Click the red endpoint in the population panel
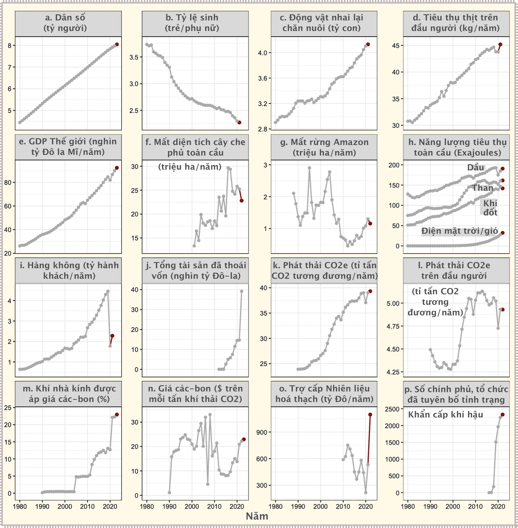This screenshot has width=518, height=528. point(117,44)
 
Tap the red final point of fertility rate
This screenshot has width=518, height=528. point(240,122)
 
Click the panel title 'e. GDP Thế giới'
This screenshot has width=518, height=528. point(68,146)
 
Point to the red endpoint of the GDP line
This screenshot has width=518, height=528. point(117,168)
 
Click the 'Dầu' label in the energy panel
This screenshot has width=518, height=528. point(476,168)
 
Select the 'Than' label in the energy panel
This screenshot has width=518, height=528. point(483,188)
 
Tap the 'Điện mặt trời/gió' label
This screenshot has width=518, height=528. point(460,231)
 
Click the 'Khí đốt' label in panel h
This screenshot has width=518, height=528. point(490,208)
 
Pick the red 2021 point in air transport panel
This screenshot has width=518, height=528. point(112,336)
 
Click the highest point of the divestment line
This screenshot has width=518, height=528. point(242,291)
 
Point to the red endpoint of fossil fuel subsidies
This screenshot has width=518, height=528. point(370,415)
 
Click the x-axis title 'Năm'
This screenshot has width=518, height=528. point(257,516)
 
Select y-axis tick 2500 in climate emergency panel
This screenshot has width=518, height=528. point(392,409)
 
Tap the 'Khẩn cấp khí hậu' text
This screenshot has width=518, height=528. point(445,415)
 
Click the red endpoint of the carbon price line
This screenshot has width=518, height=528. point(244,439)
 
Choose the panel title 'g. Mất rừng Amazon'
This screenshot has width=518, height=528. point(324,147)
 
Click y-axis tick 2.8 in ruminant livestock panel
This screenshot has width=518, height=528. point(263,129)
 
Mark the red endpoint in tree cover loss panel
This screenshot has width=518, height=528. point(242,201)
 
